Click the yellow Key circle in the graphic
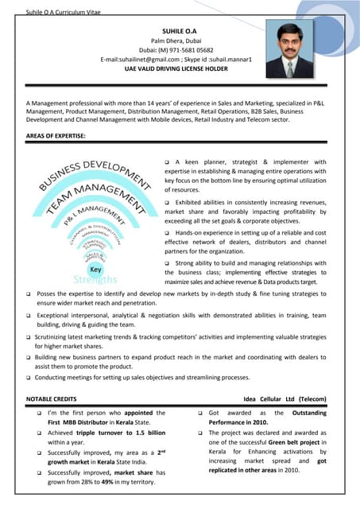pyautogui.click(x=95, y=270)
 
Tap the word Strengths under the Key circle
pyautogui.click(x=95, y=280)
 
